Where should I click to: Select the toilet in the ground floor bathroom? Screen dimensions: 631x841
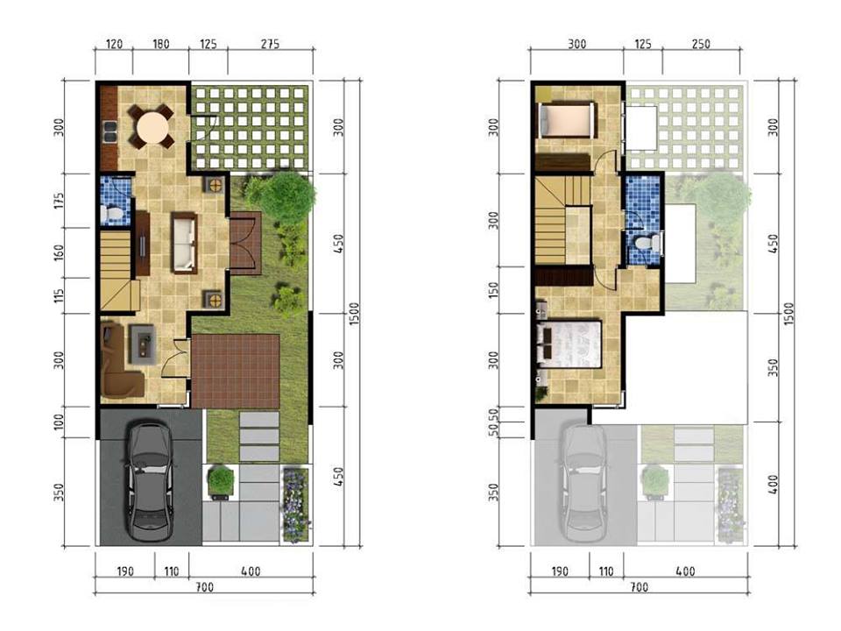point(111,213)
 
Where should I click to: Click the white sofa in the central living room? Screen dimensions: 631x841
point(184,242)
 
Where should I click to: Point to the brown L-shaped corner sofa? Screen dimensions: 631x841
point(116,363)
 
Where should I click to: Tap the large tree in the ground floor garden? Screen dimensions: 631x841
point(286,196)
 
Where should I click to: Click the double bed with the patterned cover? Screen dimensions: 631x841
point(571,344)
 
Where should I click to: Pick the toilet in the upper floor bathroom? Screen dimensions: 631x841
point(647,243)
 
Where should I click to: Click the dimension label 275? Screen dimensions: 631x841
point(271,44)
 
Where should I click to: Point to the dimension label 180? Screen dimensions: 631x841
point(160,44)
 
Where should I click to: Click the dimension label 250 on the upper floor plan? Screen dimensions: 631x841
point(701,44)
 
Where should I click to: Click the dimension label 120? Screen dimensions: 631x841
point(113,44)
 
